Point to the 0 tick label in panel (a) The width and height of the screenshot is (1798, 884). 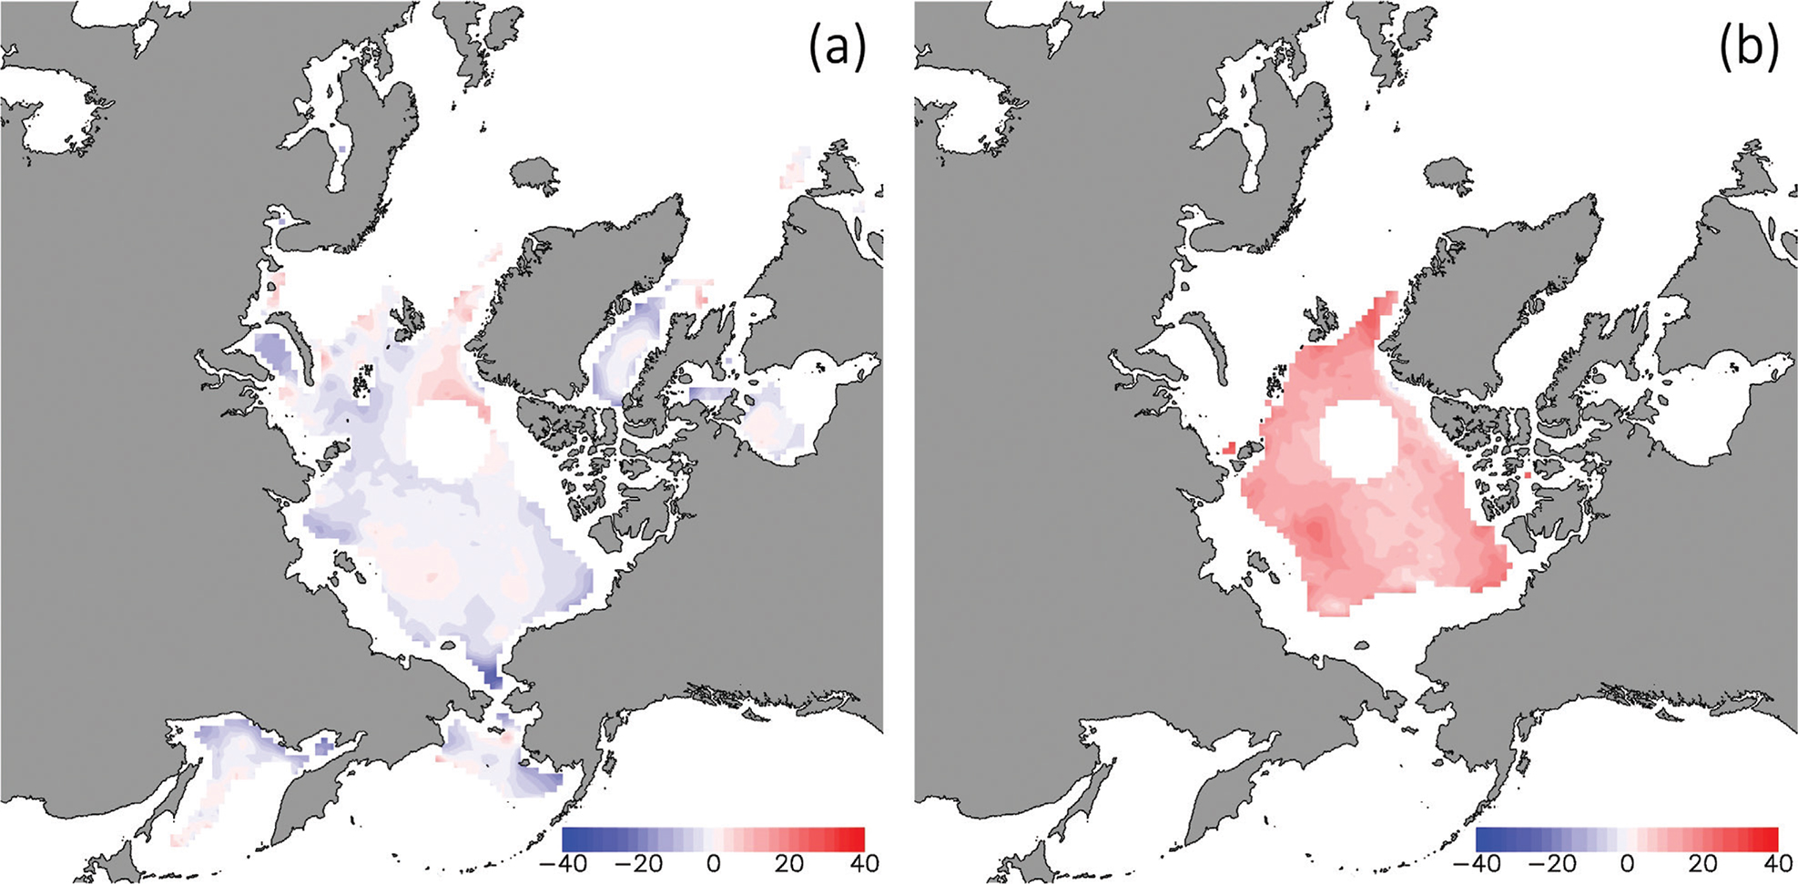[714, 862]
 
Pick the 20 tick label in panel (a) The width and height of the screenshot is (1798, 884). [789, 862]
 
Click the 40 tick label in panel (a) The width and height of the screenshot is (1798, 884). [864, 862]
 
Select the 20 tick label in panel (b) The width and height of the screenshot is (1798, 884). [1703, 862]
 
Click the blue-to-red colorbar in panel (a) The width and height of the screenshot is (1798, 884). [714, 838]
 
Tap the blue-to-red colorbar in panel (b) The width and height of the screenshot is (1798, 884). [1627, 838]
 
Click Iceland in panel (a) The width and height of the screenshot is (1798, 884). [534, 173]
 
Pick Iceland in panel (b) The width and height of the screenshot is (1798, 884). [1448, 173]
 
